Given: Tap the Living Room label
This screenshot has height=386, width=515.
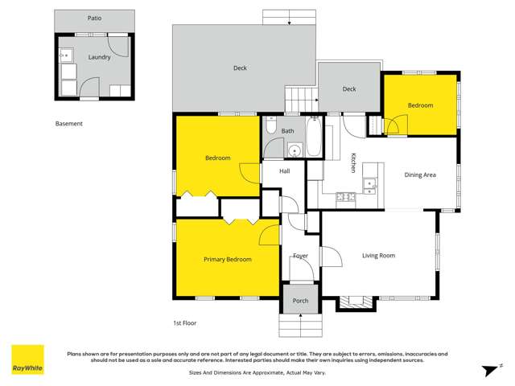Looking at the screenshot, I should coord(378,256).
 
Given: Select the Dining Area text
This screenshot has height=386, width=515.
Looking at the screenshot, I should coord(419,175).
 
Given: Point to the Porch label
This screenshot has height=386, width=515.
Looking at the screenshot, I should coord(300,301).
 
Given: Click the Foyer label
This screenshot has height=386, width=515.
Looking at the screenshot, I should coord(300,256).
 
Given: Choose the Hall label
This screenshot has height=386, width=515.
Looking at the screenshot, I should coord(285,171).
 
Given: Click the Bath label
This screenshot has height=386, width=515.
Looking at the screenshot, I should coord(287,130).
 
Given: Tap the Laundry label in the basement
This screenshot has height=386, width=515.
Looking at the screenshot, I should coord(99,57).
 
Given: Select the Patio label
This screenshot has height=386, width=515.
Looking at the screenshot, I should coord(95,17).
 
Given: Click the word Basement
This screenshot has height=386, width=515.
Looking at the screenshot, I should coord(69,124).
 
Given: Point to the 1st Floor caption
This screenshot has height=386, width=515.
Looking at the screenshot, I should coord(185,323).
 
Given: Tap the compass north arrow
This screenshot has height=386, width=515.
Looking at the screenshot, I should coord(487,369).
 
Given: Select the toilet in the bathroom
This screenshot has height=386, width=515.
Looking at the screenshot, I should coord(271,127).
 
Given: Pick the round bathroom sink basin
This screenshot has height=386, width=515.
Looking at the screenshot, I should coord(295,150).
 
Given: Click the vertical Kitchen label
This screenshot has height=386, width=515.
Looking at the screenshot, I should coord(352,163).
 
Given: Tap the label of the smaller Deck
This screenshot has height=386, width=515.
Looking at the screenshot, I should coord(349,89).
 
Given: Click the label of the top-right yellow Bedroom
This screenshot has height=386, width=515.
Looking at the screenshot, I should coord(420,105).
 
